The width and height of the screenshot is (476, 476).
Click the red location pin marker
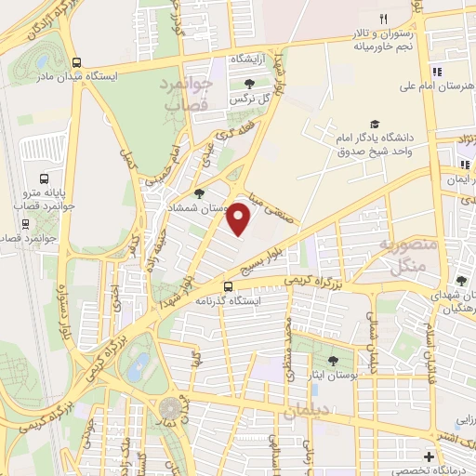pos(240,218)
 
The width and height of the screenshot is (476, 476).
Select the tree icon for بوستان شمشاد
pos(199,194)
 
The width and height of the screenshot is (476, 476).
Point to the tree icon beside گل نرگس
pos(249,83)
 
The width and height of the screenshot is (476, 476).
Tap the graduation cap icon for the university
pos(375,124)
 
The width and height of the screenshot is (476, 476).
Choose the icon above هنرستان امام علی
pos(434,73)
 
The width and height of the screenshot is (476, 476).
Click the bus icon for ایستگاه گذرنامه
pos(229,286)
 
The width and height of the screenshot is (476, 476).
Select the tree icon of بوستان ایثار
pos(333,361)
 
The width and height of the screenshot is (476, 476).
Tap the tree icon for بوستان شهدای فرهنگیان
pos(461,281)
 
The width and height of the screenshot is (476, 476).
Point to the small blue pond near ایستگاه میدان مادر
pos(41,62)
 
